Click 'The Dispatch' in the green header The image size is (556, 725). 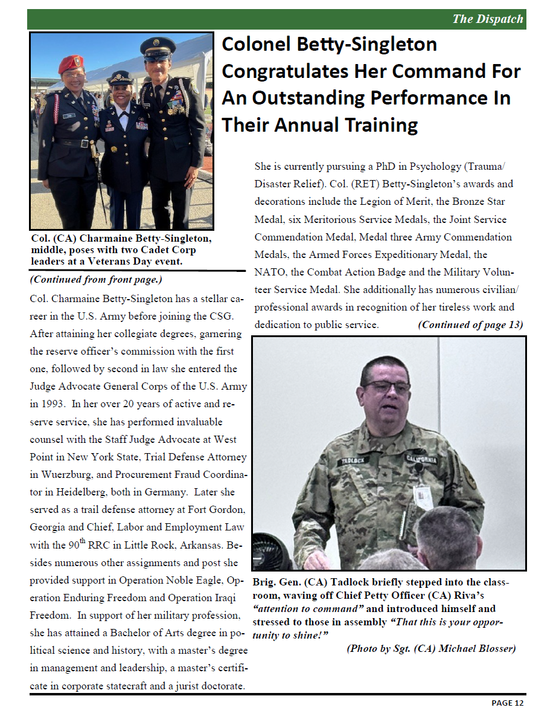[x=488, y=19]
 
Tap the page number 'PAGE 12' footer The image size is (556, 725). [x=507, y=703]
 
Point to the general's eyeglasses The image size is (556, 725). [x=387, y=387]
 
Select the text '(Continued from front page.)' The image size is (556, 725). [x=96, y=280]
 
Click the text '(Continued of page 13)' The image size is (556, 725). [x=470, y=324]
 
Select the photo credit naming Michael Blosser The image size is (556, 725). [x=431, y=649]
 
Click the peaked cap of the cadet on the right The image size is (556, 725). [x=158, y=47]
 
